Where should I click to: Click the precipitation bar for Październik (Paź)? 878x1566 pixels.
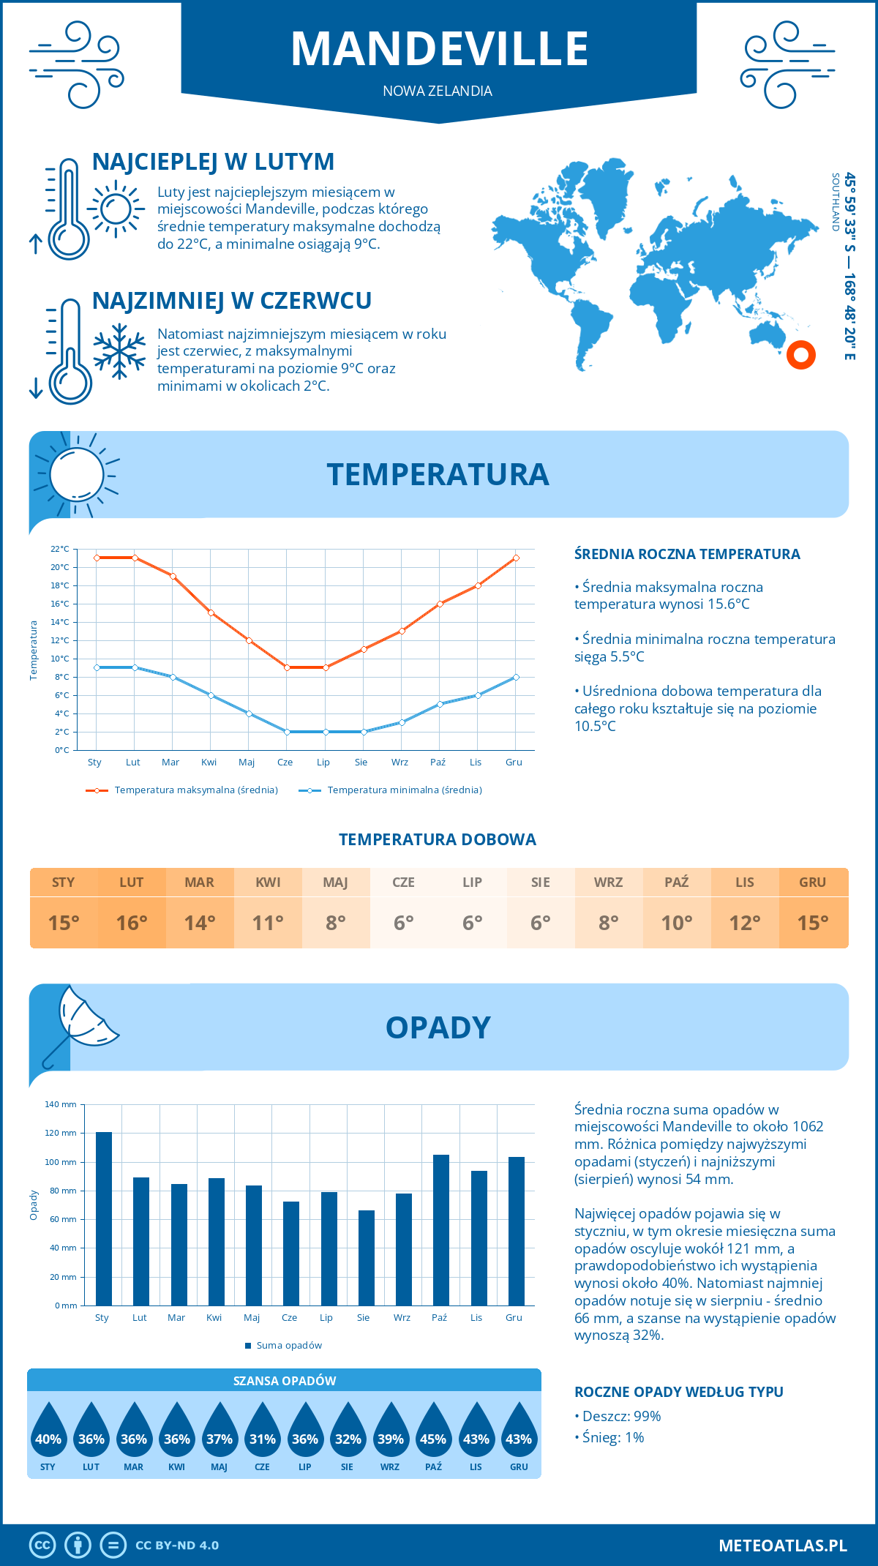coord(440,1230)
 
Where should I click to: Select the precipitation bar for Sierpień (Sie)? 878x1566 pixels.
coord(366,1258)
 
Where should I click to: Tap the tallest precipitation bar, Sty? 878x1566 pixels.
coord(103,1218)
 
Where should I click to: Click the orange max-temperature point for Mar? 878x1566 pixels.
coord(173,576)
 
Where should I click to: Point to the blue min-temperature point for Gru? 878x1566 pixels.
coord(516,677)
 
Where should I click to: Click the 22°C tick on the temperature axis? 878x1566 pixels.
coord(60,549)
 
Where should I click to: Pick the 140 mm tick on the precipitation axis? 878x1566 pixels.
coord(61,1104)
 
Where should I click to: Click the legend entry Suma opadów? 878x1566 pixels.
coord(288,1345)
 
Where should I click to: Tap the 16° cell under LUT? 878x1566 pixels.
coord(132,923)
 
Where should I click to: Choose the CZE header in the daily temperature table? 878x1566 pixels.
coord(404,882)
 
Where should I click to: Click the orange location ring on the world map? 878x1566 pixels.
coord(801,355)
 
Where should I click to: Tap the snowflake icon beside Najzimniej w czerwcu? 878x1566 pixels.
coord(119,351)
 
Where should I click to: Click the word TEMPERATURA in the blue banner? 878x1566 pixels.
coord(438,474)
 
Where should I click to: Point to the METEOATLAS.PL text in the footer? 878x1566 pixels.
coord(783,1545)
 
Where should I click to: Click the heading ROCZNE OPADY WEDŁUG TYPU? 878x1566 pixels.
coord(678,1392)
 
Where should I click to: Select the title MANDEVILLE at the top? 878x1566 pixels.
coord(439,49)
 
